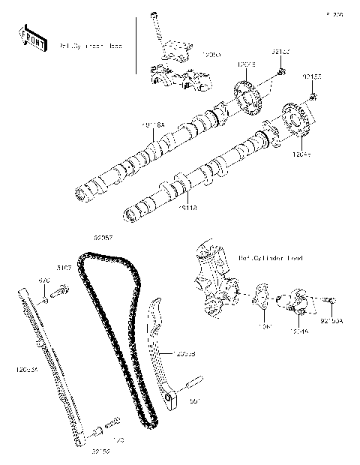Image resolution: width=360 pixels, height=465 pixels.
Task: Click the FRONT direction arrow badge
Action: point(29,36)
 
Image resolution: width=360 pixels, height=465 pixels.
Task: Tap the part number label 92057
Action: point(103,238)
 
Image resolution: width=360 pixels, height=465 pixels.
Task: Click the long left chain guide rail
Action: point(52,367)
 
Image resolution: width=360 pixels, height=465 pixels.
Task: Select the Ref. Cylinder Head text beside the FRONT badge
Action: point(91,45)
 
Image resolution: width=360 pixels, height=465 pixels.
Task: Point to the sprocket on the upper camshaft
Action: point(247,101)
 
